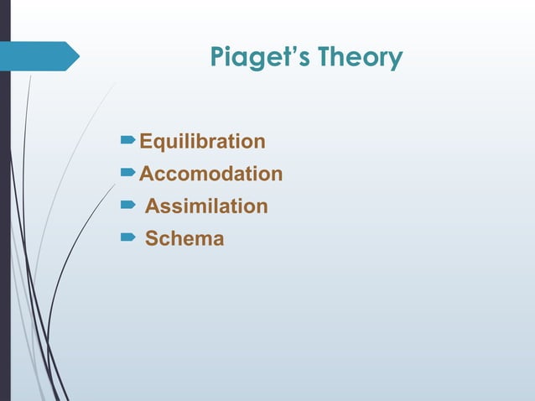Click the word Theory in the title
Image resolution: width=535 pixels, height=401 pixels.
tap(363, 59)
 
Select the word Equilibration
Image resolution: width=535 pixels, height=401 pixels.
tap(202, 141)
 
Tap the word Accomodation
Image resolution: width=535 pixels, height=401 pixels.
tap(210, 174)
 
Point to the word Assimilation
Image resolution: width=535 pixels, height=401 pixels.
tap(206, 206)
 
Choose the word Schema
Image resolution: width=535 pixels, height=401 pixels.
tap(184, 238)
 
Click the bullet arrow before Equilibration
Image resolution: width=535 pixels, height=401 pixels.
tap(128, 140)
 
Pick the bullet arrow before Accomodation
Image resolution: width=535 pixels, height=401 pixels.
tap(128, 173)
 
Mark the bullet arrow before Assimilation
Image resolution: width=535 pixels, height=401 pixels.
tap(128, 206)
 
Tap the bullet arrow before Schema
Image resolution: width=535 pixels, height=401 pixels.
tap(128, 238)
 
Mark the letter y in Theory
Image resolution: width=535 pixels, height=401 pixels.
tap(396, 62)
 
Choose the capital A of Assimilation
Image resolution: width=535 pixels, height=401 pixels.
tap(153, 206)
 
